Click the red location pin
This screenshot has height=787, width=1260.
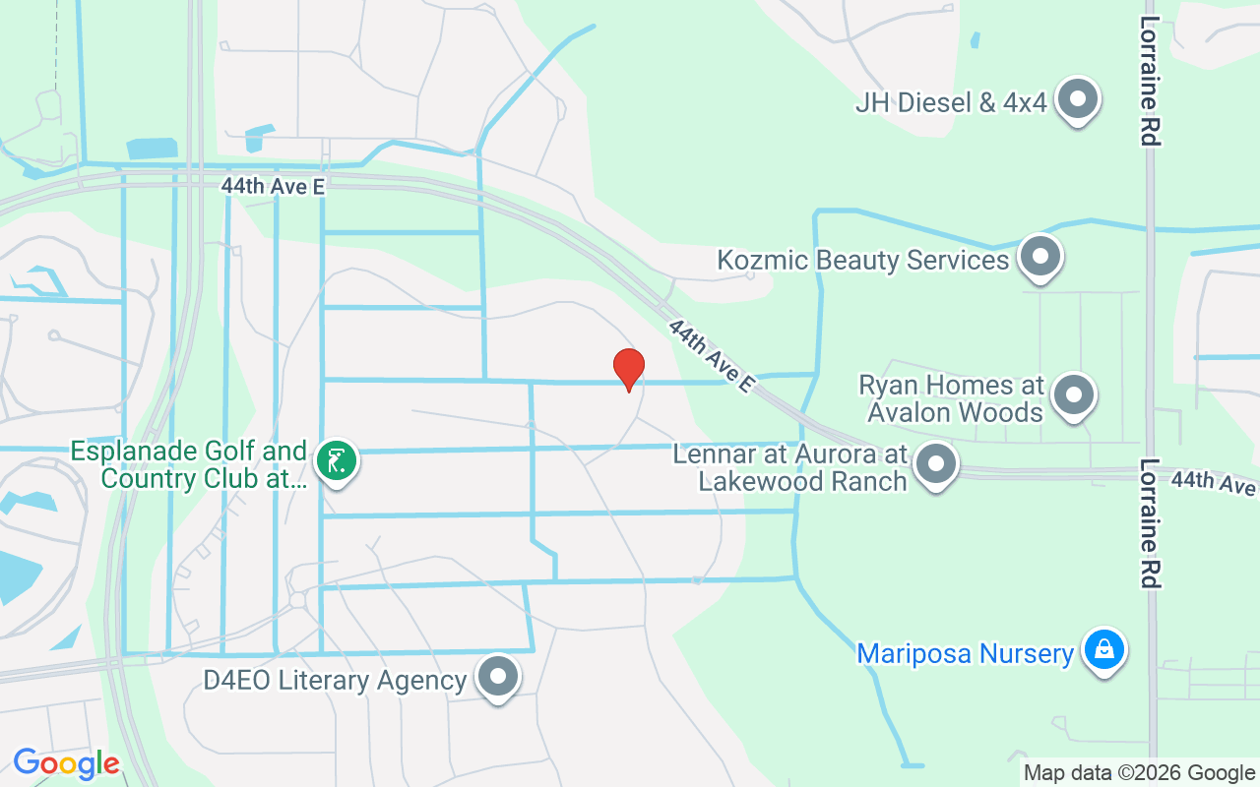(x=629, y=368)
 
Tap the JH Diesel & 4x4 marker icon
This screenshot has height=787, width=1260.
(x=1078, y=99)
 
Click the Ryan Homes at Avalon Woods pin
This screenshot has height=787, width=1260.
(x=1074, y=395)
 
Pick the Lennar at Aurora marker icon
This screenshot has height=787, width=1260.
(x=936, y=464)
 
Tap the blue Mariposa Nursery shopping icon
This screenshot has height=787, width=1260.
(x=1104, y=651)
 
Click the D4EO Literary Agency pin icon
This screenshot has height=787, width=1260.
(x=498, y=677)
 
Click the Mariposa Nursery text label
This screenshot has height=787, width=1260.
(x=965, y=654)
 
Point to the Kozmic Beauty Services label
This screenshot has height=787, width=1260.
(x=863, y=261)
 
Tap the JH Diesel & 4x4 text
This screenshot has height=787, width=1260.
(x=951, y=101)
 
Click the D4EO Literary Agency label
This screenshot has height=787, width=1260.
(x=335, y=681)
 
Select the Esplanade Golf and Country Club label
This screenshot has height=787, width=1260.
(x=189, y=465)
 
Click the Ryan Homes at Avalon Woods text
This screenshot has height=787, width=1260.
(x=951, y=397)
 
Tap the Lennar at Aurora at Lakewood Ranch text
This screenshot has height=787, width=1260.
(x=790, y=468)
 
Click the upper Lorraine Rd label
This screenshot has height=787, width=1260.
(x=1149, y=81)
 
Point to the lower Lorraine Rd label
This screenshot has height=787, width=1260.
(x=1149, y=523)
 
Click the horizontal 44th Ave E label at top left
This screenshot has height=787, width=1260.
(x=273, y=185)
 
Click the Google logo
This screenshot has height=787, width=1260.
(x=67, y=764)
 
